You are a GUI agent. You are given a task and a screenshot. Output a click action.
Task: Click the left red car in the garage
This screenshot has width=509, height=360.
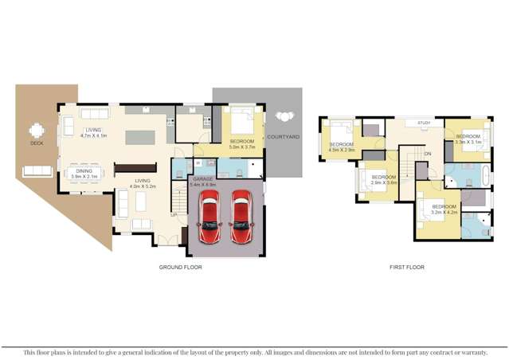tap(209, 218)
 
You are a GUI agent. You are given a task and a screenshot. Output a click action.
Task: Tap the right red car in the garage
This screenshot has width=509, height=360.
tap(241, 218)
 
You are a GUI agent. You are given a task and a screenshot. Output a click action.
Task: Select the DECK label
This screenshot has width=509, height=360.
tap(37, 143)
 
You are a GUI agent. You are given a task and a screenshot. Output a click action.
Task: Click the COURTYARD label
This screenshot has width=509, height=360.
tap(283, 137)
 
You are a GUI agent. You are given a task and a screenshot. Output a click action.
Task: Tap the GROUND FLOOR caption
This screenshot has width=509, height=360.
tap(180, 268)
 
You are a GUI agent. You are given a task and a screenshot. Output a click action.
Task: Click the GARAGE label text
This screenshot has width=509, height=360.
tap(200, 180)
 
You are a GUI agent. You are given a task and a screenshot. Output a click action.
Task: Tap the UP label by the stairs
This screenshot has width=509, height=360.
tap(173, 214)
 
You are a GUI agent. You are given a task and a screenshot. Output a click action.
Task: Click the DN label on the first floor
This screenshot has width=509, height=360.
tap(427, 153)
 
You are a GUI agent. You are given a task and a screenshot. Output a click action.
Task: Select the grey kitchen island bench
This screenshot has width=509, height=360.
tap(140, 137)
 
